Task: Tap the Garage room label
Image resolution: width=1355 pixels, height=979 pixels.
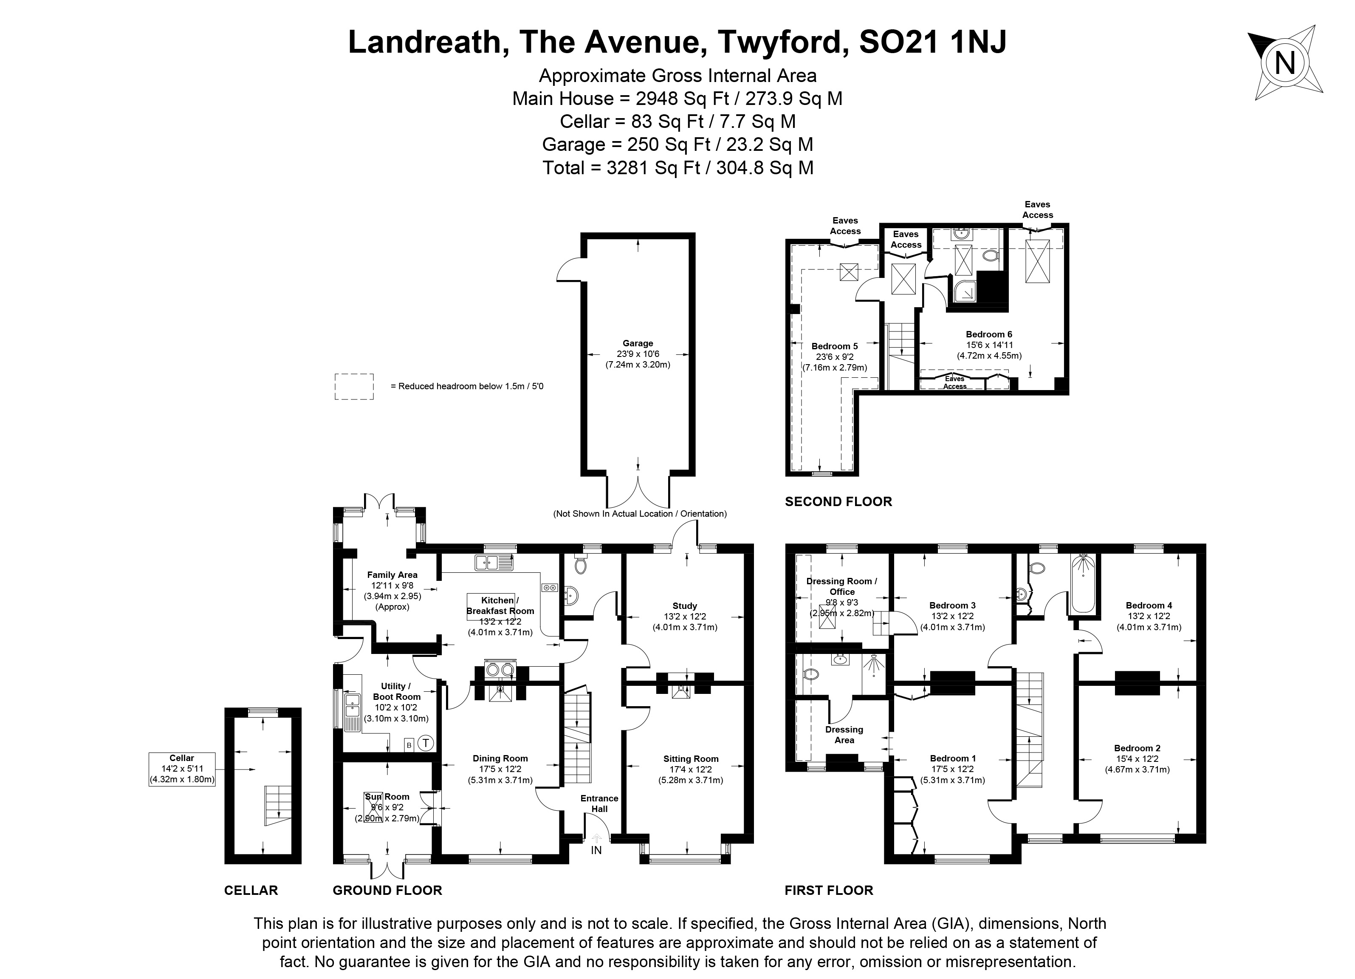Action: [x=638, y=344]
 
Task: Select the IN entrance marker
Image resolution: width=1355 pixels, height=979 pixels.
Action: [x=596, y=850]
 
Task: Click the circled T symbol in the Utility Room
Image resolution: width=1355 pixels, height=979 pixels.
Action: [x=425, y=744]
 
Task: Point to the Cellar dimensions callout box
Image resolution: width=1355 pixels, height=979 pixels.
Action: [x=182, y=769]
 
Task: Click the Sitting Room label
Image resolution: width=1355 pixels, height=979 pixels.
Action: [x=691, y=759]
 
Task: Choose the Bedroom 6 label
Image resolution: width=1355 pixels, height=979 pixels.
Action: [x=989, y=334]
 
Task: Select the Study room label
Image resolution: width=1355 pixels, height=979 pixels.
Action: [x=685, y=606]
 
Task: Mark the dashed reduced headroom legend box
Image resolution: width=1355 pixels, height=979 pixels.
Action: [x=354, y=386]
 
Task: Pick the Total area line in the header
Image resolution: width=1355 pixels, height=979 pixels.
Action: [x=677, y=168]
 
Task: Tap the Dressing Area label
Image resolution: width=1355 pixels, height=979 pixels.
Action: [x=844, y=735]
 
